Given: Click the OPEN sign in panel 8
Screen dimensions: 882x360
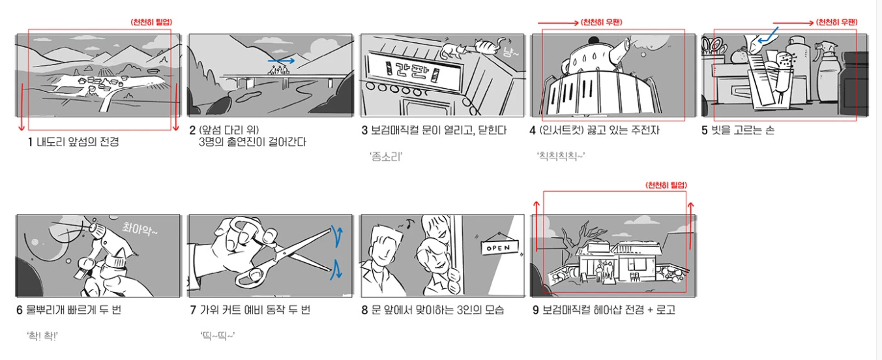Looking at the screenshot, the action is pyautogui.click(x=500, y=247).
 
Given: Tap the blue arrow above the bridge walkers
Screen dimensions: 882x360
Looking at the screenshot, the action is pyautogui.click(x=281, y=61).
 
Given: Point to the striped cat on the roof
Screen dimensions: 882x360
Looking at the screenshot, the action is pyautogui.click(x=490, y=45).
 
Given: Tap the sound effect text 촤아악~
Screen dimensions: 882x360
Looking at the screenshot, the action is pyautogui.click(x=140, y=229).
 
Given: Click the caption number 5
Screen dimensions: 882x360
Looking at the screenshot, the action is pyautogui.click(x=705, y=130).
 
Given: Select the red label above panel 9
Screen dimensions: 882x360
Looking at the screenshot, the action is pyautogui.click(x=666, y=185).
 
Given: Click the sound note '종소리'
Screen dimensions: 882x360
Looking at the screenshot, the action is pyautogui.click(x=386, y=157).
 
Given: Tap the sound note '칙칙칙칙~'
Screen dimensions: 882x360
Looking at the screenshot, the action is pyautogui.click(x=561, y=156).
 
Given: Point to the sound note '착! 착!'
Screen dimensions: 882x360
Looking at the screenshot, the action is pyautogui.click(x=42, y=336).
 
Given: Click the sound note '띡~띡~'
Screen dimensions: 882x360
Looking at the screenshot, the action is pyautogui.click(x=217, y=336).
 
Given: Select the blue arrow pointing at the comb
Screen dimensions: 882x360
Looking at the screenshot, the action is pyautogui.click(x=767, y=35).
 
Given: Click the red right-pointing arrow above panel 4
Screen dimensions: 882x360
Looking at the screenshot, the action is pyautogui.click(x=558, y=23).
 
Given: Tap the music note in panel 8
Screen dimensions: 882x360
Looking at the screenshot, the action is pyautogui.click(x=410, y=224).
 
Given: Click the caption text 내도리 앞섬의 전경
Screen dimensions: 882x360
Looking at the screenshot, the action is pyautogui.click(x=78, y=142).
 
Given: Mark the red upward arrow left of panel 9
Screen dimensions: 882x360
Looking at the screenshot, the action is pyautogui.click(x=537, y=226).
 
